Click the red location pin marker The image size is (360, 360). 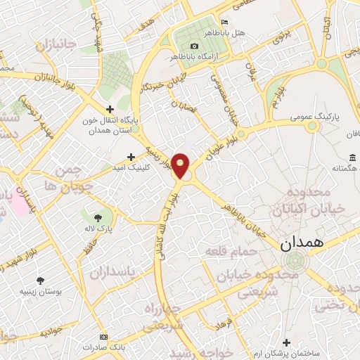181,165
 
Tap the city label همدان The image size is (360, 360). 301,243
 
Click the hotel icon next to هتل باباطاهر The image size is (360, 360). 224,21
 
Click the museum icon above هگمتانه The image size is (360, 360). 352,157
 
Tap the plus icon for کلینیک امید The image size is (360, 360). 130,157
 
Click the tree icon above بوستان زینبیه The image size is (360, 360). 40,280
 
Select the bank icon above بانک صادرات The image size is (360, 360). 103,336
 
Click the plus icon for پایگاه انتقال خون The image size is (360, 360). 110,108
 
